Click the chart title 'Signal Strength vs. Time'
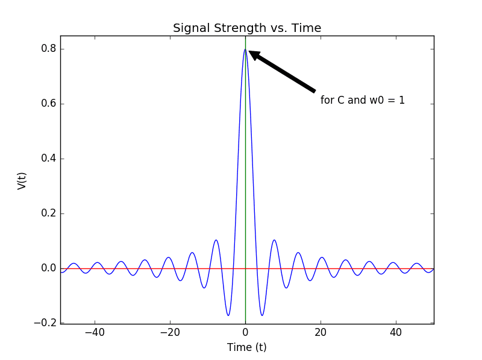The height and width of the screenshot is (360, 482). [x=247, y=28]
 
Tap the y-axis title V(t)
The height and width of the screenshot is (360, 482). [x=22, y=180]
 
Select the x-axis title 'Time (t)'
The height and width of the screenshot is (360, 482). [x=246, y=347]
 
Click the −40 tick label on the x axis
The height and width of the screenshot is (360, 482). [x=95, y=333]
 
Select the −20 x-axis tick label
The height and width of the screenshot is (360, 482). [x=170, y=333]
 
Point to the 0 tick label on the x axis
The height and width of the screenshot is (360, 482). [x=245, y=333]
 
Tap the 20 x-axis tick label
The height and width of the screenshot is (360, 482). [x=321, y=333]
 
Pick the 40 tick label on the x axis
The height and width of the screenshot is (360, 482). [x=396, y=333]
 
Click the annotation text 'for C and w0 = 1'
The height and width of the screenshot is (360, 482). [x=363, y=100]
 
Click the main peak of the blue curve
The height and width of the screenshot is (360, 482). [x=245, y=49]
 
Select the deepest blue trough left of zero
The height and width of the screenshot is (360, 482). [x=228, y=315]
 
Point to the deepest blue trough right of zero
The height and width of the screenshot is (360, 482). [x=262, y=315]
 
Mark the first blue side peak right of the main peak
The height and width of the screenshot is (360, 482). [x=274, y=240]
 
